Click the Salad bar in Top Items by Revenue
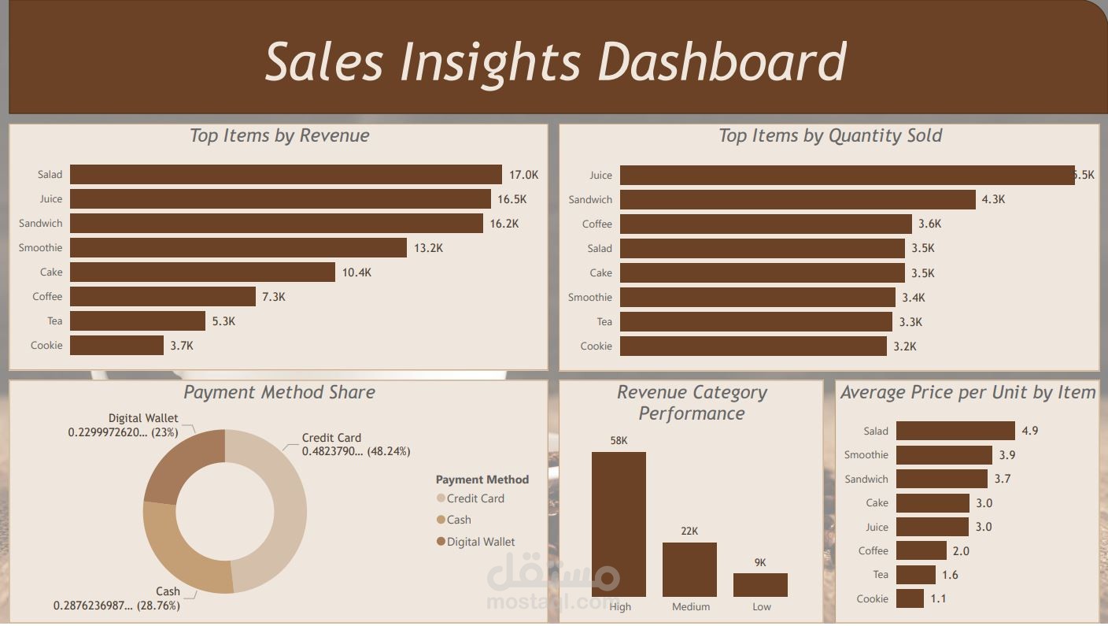286,175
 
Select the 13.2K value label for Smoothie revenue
428,248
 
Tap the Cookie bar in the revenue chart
116,346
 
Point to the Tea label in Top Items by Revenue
54,321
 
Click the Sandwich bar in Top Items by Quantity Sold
797,200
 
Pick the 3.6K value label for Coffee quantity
929,224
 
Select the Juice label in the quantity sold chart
600,176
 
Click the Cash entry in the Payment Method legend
459,520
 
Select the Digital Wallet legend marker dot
441,542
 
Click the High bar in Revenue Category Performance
619,524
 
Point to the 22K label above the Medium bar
689,532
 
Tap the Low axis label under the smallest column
761,607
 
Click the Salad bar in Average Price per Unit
955,431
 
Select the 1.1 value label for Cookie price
938,599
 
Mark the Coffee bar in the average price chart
921,551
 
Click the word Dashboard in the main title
722,61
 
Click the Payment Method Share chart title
279,392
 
